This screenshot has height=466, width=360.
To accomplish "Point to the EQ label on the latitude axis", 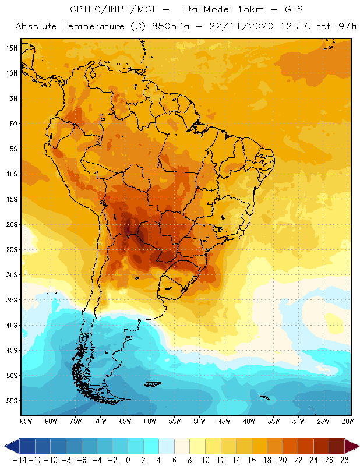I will point(12,123).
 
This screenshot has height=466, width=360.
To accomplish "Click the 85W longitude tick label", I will point(26,421).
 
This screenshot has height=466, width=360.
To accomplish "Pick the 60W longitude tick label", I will point(150,421).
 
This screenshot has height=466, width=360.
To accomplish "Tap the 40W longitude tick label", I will point(249,421).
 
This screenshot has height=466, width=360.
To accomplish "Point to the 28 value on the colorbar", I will point(344,460).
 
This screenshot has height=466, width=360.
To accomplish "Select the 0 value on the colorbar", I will point(128,460).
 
